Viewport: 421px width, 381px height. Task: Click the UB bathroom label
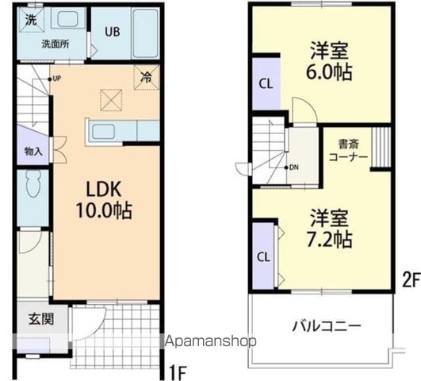tap(113, 32)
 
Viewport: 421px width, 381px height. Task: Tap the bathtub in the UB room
tap(145, 33)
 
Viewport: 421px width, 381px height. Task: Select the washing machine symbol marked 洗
tap(31, 19)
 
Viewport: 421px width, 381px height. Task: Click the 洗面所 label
tap(55, 44)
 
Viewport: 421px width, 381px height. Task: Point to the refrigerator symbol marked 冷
tap(147, 78)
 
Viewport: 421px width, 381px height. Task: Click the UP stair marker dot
tap(50, 79)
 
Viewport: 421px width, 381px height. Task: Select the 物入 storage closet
tap(33, 145)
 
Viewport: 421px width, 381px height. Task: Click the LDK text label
tap(104, 189)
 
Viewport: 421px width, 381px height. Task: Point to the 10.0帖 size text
tap(104, 210)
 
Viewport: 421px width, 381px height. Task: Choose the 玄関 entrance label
tap(41, 319)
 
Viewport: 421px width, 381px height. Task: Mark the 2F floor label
tap(411, 281)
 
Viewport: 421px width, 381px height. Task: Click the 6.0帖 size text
tap(329, 71)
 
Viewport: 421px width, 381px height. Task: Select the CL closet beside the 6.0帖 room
tap(266, 84)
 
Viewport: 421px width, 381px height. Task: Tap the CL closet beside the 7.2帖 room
tap(264, 257)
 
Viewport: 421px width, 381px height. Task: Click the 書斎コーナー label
tap(348, 151)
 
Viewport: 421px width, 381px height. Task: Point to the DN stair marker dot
tap(286, 167)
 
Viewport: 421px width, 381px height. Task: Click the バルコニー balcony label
tap(327, 326)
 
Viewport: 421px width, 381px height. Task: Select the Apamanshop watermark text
tap(211, 342)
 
